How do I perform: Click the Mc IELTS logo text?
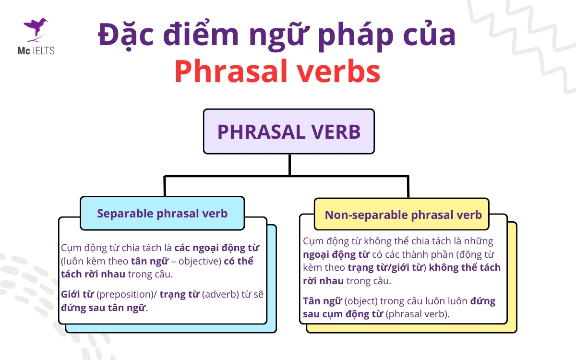38,50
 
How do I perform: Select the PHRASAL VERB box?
288,132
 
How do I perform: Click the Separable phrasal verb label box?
162,213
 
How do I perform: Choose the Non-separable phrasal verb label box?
403,215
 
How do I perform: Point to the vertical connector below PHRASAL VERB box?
289,164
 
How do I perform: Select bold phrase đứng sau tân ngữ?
103,308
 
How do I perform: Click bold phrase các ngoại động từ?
216,249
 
